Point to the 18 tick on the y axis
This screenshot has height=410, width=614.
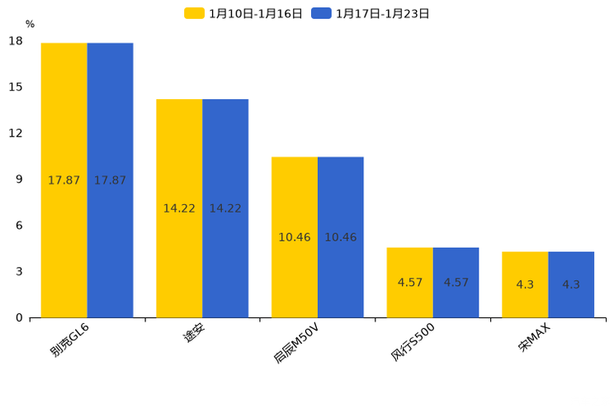click(16, 41)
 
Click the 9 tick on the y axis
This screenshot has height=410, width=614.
click(19, 179)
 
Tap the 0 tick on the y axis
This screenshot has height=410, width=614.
click(19, 317)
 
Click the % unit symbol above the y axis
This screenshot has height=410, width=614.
click(30, 24)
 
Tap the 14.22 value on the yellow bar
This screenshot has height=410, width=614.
click(179, 208)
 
